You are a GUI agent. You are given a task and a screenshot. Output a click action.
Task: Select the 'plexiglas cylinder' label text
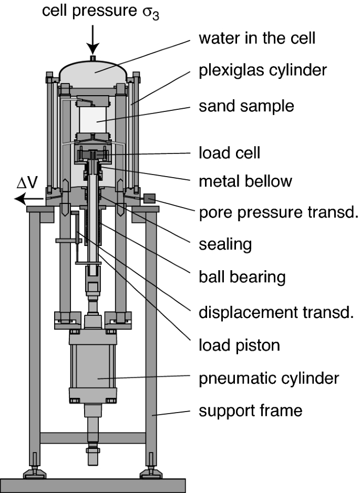(263, 70)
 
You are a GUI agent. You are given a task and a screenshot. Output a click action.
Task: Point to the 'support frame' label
(250, 410)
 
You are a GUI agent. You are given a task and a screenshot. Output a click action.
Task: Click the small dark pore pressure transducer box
(149, 198)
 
